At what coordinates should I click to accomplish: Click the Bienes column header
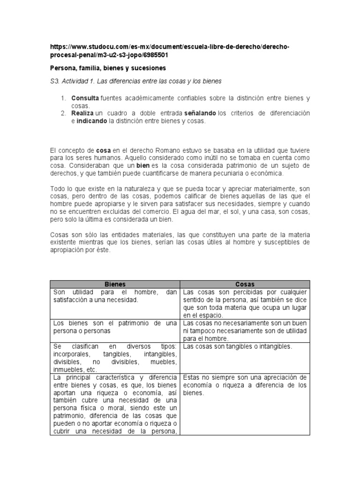click(x=114, y=284)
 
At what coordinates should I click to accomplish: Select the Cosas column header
click(x=245, y=284)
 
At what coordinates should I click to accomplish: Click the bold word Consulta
click(x=85, y=98)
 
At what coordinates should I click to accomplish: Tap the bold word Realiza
click(x=83, y=113)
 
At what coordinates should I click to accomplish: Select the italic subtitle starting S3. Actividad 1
click(x=135, y=81)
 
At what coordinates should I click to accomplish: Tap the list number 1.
click(x=63, y=98)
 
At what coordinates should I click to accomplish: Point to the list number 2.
click(x=63, y=113)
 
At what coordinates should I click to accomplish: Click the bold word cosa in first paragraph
click(x=103, y=150)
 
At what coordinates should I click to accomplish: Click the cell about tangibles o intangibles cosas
click(x=238, y=346)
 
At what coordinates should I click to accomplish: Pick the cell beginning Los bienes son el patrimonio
click(x=114, y=327)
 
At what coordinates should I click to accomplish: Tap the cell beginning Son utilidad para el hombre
click(x=114, y=296)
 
